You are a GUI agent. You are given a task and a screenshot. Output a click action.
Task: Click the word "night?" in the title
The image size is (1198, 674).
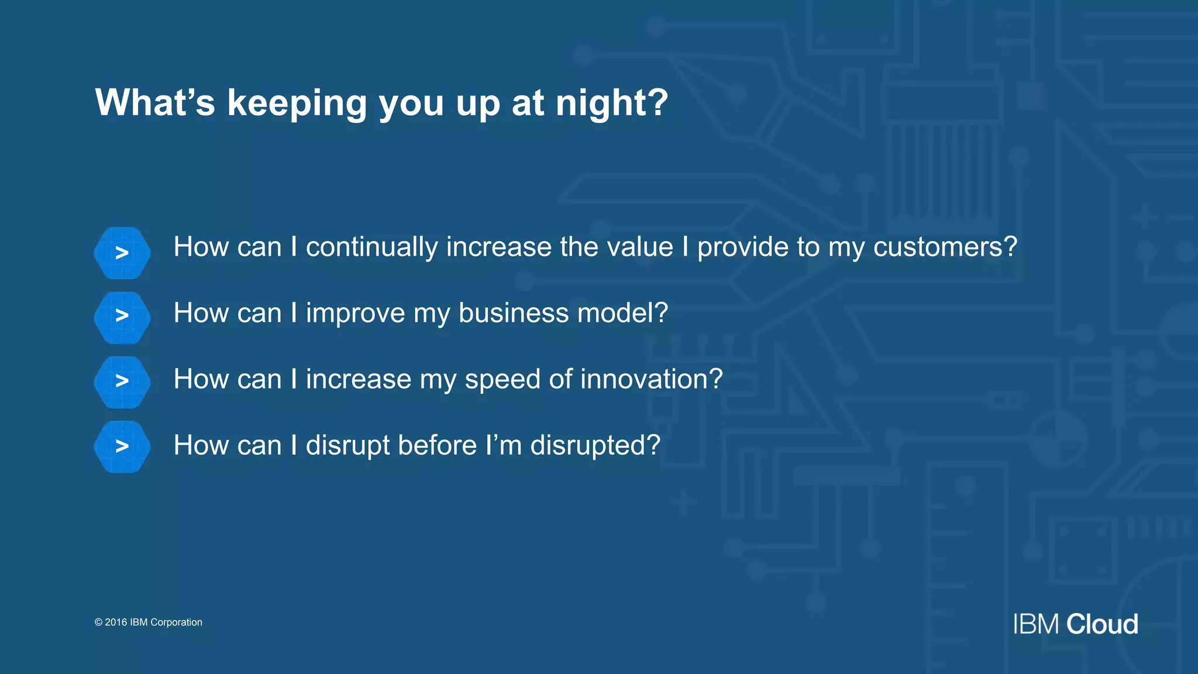tap(611, 103)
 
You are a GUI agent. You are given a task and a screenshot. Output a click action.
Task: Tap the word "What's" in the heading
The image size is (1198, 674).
tap(155, 103)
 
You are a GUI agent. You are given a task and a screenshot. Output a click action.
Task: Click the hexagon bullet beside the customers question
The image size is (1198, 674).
tap(122, 253)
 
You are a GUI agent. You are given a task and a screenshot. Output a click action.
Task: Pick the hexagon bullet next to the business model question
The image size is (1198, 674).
tap(122, 317)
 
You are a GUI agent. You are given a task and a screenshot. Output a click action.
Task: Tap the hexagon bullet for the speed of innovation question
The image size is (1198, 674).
tap(122, 381)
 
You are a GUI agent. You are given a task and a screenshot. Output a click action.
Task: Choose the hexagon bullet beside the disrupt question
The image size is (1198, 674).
tap(122, 446)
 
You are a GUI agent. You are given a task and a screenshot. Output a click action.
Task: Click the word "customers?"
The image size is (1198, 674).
tap(945, 247)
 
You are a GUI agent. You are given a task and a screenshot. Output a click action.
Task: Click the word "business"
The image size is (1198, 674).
tap(513, 313)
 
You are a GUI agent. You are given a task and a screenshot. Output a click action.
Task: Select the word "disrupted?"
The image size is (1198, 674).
tap(595, 446)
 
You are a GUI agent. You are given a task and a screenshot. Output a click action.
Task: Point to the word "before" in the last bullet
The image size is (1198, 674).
tap(437, 445)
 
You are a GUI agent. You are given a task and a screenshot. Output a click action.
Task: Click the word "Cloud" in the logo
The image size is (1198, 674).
tap(1102, 624)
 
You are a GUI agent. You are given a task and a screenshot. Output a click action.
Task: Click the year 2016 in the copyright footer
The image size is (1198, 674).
tap(116, 623)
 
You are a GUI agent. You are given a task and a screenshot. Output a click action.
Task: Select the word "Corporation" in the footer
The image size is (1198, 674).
tap(176, 623)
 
